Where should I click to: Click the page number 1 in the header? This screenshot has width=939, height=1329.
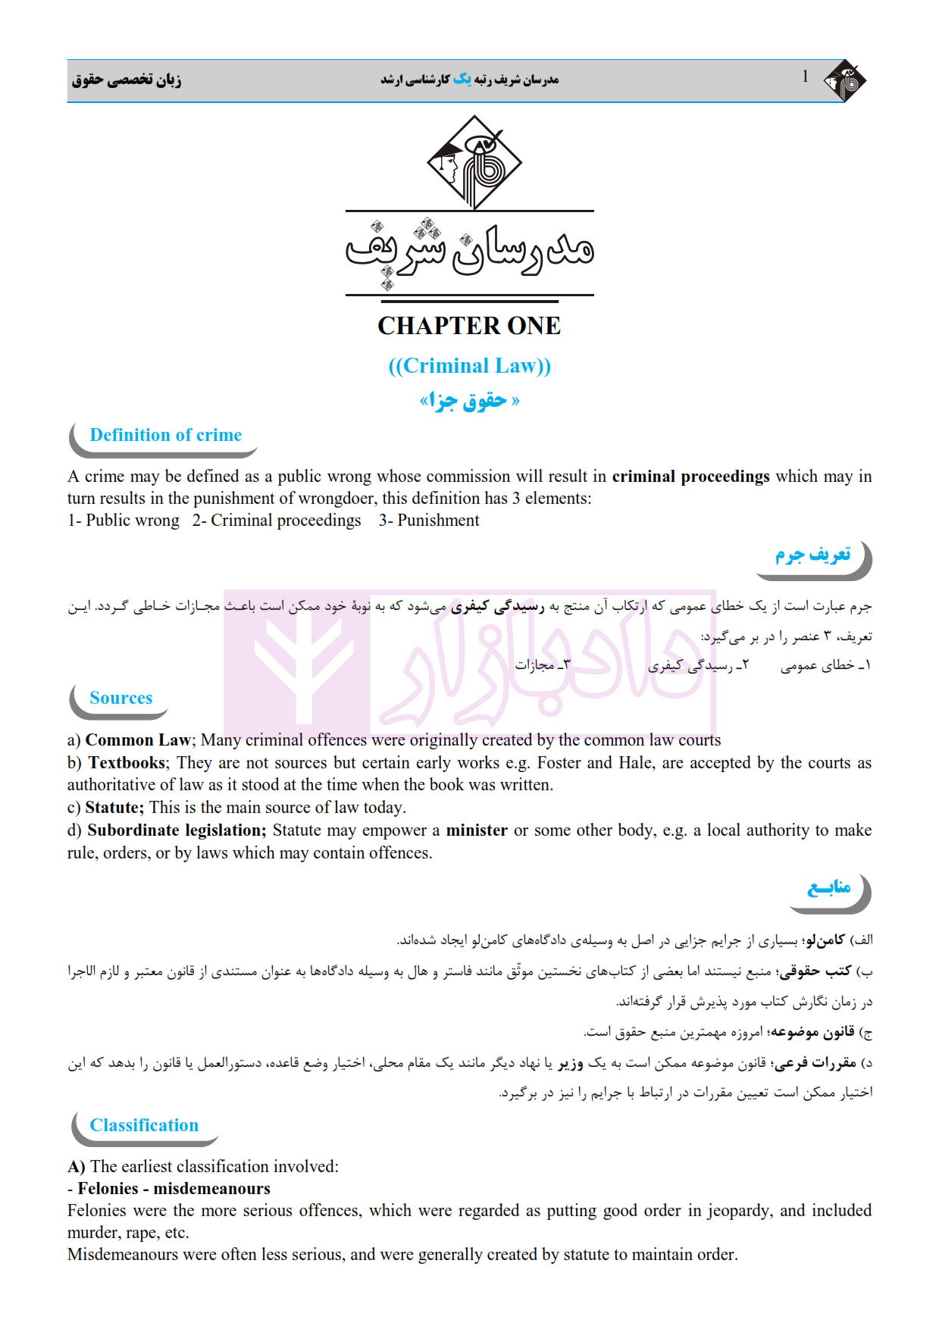[805, 77]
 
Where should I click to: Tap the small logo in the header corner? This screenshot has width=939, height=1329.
[845, 80]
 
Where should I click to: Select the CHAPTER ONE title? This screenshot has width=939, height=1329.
[469, 326]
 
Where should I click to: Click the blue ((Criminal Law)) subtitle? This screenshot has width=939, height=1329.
[469, 366]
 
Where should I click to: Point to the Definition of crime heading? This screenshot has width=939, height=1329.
[166, 435]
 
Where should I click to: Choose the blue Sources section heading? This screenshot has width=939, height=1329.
[121, 698]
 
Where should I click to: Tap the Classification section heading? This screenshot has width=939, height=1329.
[144, 1125]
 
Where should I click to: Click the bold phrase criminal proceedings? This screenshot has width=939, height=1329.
[690, 477]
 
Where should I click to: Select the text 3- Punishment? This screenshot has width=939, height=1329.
[429, 521]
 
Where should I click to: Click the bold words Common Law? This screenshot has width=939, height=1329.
[138, 740]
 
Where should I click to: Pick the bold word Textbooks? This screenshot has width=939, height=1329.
[127, 763]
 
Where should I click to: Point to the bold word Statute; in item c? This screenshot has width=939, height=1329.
[114, 808]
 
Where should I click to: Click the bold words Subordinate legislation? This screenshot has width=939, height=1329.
[177, 830]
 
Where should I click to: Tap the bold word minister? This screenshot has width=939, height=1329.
[477, 830]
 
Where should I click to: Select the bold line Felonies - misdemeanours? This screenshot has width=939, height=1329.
[174, 1189]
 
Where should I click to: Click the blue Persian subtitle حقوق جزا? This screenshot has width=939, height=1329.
[469, 400]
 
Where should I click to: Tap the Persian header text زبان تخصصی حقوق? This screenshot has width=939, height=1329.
[127, 80]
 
